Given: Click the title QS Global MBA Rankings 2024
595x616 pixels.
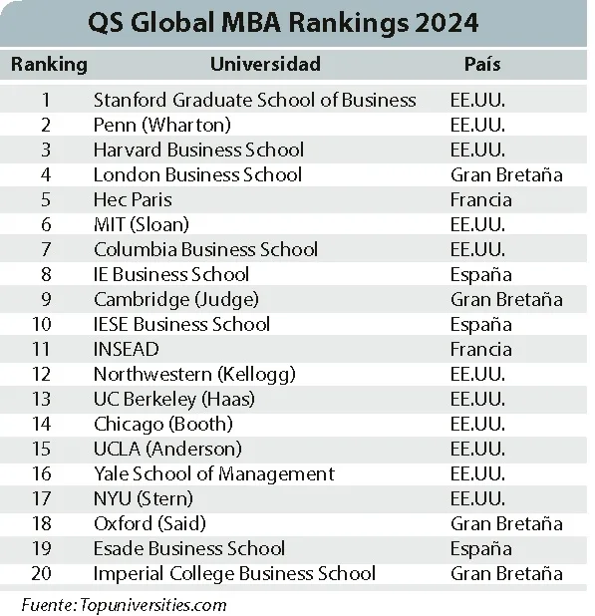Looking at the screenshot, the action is tap(283, 23).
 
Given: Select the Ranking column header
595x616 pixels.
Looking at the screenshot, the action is tap(49, 65).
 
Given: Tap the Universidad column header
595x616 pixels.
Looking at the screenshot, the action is tap(265, 64).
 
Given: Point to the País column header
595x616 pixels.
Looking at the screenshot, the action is tap(482, 64).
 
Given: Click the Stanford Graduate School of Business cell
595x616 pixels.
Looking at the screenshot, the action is tap(254, 100).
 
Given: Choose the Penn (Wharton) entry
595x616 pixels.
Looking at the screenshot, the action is tap(162, 125).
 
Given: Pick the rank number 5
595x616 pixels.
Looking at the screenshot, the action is tap(46, 199).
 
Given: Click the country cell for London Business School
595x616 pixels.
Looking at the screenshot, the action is tap(506, 174).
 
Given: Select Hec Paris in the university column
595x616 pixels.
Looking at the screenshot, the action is tap(133, 199).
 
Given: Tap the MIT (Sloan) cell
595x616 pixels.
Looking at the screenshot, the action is tap(142, 224).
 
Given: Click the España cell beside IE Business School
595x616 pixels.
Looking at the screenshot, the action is tap(481, 275).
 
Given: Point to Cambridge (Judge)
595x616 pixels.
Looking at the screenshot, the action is tap(176, 300).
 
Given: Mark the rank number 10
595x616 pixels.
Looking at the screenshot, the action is tap(42, 325).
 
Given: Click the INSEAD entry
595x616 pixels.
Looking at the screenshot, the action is tap(126, 349).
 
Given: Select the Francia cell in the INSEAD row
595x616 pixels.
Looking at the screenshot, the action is tap(481, 349).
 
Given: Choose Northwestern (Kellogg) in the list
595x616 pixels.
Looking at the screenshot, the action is tap(194, 375).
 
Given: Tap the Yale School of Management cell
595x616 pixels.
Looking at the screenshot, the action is tap(214, 474).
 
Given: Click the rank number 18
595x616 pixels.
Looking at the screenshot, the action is tap(42, 523).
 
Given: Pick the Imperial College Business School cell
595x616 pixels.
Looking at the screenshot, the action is tap(234, 574).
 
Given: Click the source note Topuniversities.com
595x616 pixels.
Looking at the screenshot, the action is tap(153, 605).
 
